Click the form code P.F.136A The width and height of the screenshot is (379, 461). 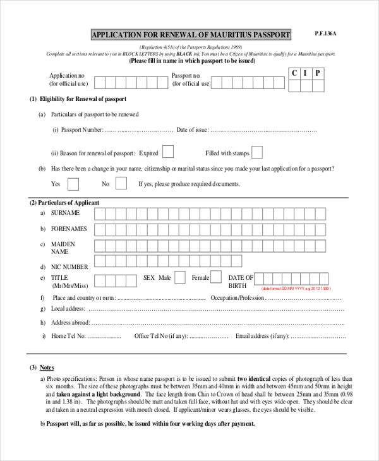[326, 33]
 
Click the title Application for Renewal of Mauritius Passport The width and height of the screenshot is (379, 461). [191, 35]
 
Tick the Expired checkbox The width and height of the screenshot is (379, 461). [168, 152]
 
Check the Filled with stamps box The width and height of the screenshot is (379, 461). [258, 152]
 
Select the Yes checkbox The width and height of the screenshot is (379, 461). [73, 184]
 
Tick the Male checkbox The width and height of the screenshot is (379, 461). [180, 277]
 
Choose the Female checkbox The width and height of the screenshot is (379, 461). [216, 277]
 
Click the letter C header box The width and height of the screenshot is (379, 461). [294, 73]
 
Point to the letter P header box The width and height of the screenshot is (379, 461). [318, 73]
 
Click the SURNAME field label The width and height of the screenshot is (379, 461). [66, 213]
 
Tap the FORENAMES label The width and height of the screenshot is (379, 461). [69, 229]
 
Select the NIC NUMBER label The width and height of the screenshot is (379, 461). [69, 267]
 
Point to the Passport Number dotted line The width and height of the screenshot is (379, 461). [138, 130]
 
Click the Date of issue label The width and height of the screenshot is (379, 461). [191, 130]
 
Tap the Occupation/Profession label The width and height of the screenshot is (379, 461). [237, 297]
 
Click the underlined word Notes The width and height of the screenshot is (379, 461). [47, 368]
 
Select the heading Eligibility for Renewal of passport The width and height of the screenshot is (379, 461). [83, 99]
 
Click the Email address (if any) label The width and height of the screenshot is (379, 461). [262, 336]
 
